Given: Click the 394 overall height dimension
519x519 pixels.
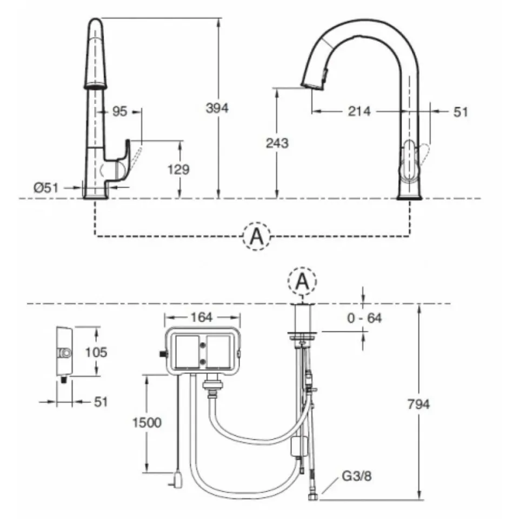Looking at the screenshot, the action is tap(217, 108).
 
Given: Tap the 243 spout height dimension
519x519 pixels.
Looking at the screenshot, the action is tap(277, 143).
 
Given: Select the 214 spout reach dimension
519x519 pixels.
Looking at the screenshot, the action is tap(359, 111).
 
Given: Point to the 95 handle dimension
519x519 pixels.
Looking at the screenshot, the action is tap(119, 111).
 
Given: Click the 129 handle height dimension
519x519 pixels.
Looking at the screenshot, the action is tap(178, 169).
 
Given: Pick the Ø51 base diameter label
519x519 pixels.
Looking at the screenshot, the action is tap(45, 188).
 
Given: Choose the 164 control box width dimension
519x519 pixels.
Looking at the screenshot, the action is tap(202, 317).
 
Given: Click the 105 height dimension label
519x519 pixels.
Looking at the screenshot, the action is tap(96, 352).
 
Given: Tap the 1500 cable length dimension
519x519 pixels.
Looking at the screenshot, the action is tap(147, 422).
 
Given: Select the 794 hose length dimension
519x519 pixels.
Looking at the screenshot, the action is tap(418, 404).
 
